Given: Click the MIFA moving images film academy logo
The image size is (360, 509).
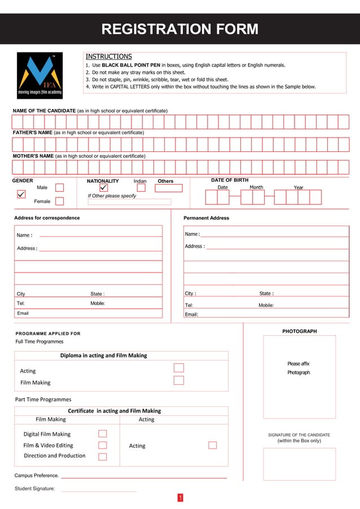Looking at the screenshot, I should tap(39, 75).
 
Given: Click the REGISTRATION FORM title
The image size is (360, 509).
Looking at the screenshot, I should tap(179, 29).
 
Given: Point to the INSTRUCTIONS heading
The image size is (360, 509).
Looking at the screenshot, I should tap(108, 56).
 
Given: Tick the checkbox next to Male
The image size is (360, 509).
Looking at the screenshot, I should tap(59, 187).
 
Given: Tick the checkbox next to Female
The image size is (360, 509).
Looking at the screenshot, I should tap(59, 201).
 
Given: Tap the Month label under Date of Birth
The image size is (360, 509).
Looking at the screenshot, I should tap(256, 187).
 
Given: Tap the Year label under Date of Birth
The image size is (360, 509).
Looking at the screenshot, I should tap(298, 187).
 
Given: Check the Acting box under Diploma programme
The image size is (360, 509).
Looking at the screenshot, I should tap(179, 368).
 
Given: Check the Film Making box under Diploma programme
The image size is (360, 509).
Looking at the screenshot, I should tap(179, 380).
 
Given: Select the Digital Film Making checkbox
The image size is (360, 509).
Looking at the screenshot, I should tap(103, 433).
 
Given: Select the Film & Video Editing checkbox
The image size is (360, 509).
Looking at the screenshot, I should tap(103, 445).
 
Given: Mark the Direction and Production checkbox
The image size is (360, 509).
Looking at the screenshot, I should tap(103, 457).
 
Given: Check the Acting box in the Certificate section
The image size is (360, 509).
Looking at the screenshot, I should tap(212, 445).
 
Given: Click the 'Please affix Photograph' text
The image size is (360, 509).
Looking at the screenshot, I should tap(298, 368).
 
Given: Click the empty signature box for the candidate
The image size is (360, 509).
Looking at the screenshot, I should tap(299, 464).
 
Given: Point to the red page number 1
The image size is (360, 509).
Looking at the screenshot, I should tap(180, 498).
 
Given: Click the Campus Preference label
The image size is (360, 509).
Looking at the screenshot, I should tap(36, 476).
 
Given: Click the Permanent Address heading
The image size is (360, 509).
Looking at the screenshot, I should tap(206, 218).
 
